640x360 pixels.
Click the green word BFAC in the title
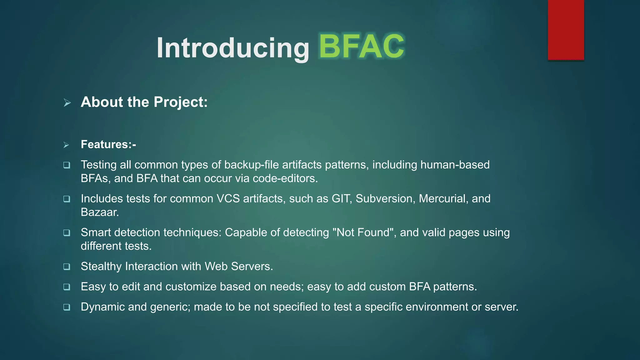[x=362, y=47]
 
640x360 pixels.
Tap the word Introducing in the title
[x=233, y=48]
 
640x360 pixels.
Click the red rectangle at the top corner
[x=566, y=30]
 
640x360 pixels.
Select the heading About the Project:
[x=144, y=102]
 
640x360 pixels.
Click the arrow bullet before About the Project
[x=67, y=102]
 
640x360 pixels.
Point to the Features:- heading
[x=108, y=144]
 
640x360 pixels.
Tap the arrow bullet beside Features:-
[x=66, y=145]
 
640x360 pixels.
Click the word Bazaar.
[x=100, y=212]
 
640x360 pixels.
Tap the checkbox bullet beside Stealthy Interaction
[x=67, y=267]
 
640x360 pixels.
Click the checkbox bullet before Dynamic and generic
[x=67, y=307]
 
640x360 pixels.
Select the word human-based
[x=455, y=165]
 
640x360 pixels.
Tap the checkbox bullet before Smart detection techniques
[x=67, y=233]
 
